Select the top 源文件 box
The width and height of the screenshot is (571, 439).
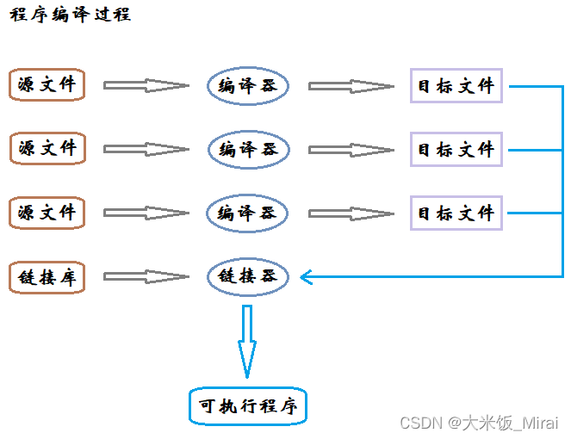click(x=47, y=85)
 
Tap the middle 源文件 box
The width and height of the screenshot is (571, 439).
click(x=47, y=148)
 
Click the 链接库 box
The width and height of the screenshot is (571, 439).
click(x=47, y=277)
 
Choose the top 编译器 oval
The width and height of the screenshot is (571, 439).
click(x=248, y=85)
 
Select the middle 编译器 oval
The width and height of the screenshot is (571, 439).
click(x=248, y=149)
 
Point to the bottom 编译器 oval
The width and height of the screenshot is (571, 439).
click(x=248, y=213)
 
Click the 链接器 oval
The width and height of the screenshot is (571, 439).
click(x=248, y=277)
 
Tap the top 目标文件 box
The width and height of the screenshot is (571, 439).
click(x=456, y=85)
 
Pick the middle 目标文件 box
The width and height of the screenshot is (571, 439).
click(x=456, y=149)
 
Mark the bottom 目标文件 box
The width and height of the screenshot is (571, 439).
click(x=456, y=213)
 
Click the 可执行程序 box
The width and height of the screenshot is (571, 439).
click(x=247, y=406)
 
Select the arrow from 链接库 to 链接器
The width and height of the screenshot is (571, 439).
click(x=145, y=277)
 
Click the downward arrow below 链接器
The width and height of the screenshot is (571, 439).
click(x=248, y=341)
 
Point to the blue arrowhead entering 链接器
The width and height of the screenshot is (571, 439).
click(x=307, y=277)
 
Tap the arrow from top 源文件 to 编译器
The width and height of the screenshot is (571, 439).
click(x=145, y=85)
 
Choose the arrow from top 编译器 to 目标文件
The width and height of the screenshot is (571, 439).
click(x=351, y=85)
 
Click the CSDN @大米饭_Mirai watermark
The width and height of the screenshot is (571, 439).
click(x=479, y=424)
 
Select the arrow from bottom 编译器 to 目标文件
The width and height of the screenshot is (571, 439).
click(x=351, y=213)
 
